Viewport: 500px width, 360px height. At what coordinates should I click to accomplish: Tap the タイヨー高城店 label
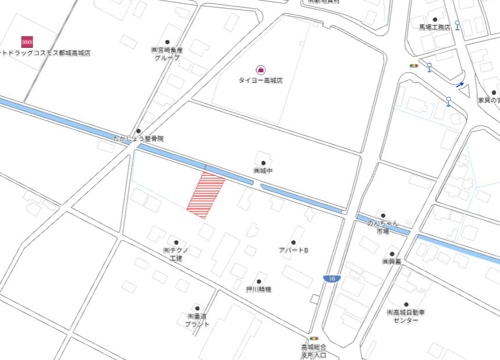(260, 80)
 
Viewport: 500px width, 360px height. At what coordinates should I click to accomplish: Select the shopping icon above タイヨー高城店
(260, 70)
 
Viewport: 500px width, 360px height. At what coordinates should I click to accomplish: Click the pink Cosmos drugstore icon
(27, 41)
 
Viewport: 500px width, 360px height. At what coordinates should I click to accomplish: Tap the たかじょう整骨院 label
(139, 139)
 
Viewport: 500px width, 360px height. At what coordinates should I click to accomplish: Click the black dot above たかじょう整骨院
(139, 130)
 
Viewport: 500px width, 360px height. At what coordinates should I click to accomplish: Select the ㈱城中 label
(263, 171)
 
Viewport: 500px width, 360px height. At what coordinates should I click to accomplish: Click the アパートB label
(293, 250)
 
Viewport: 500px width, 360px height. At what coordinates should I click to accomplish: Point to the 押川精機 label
(258, 289)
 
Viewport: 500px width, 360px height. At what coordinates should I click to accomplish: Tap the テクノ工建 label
(176, 254)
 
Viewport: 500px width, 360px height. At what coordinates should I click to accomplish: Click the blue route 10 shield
(331, 279)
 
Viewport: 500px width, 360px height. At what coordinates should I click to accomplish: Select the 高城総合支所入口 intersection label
(314, 351)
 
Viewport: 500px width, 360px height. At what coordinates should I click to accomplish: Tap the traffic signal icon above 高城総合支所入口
(314, 338)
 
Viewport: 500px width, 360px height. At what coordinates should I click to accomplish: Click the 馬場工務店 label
(434, 27)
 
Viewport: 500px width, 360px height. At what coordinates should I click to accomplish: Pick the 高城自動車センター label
(406, 316)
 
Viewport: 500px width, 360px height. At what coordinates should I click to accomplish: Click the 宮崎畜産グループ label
(167, 54)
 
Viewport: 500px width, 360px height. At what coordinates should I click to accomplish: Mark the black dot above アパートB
(293, 242)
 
